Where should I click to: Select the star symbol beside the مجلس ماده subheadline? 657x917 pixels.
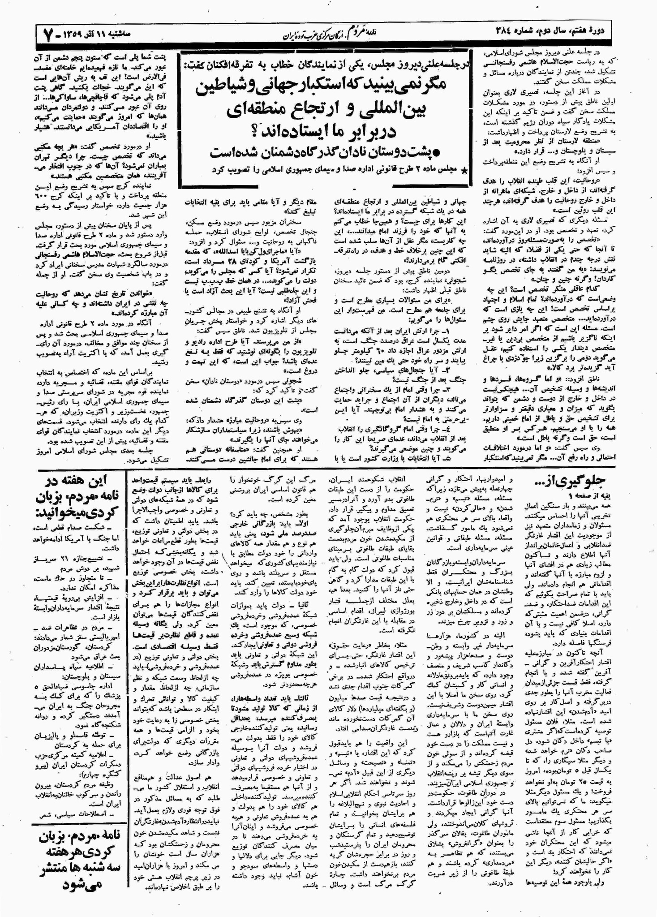464,171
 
